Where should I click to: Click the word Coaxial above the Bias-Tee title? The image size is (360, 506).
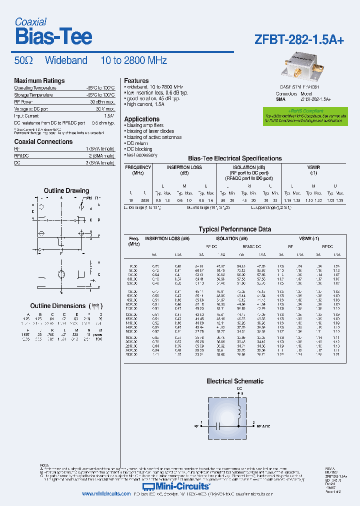(30, 21)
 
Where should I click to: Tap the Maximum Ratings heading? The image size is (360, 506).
(39, 80)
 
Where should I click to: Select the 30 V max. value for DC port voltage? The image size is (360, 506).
(103, 108)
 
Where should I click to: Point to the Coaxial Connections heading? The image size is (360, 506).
(43, 141)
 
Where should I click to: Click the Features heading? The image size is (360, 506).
(136, 80)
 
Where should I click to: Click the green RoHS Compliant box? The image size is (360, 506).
(305, 115)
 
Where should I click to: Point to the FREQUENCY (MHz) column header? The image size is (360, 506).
(138, 170)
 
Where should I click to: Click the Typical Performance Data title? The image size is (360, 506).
(235, 229)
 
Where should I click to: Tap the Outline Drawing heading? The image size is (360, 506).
(66, 190)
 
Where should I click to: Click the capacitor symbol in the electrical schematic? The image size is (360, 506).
(218, 426)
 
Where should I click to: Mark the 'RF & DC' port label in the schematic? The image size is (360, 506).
(263, 426)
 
